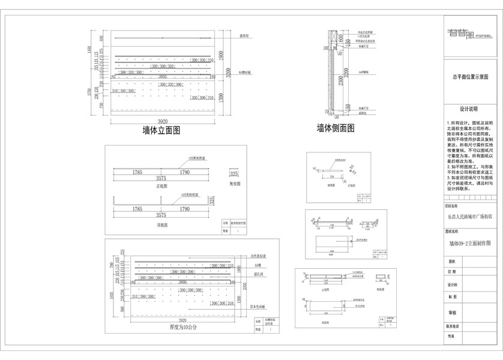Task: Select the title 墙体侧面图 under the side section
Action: tap(336, 128)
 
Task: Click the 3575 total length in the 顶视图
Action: tap(161, 215)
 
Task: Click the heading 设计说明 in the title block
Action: tap(468, 109)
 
